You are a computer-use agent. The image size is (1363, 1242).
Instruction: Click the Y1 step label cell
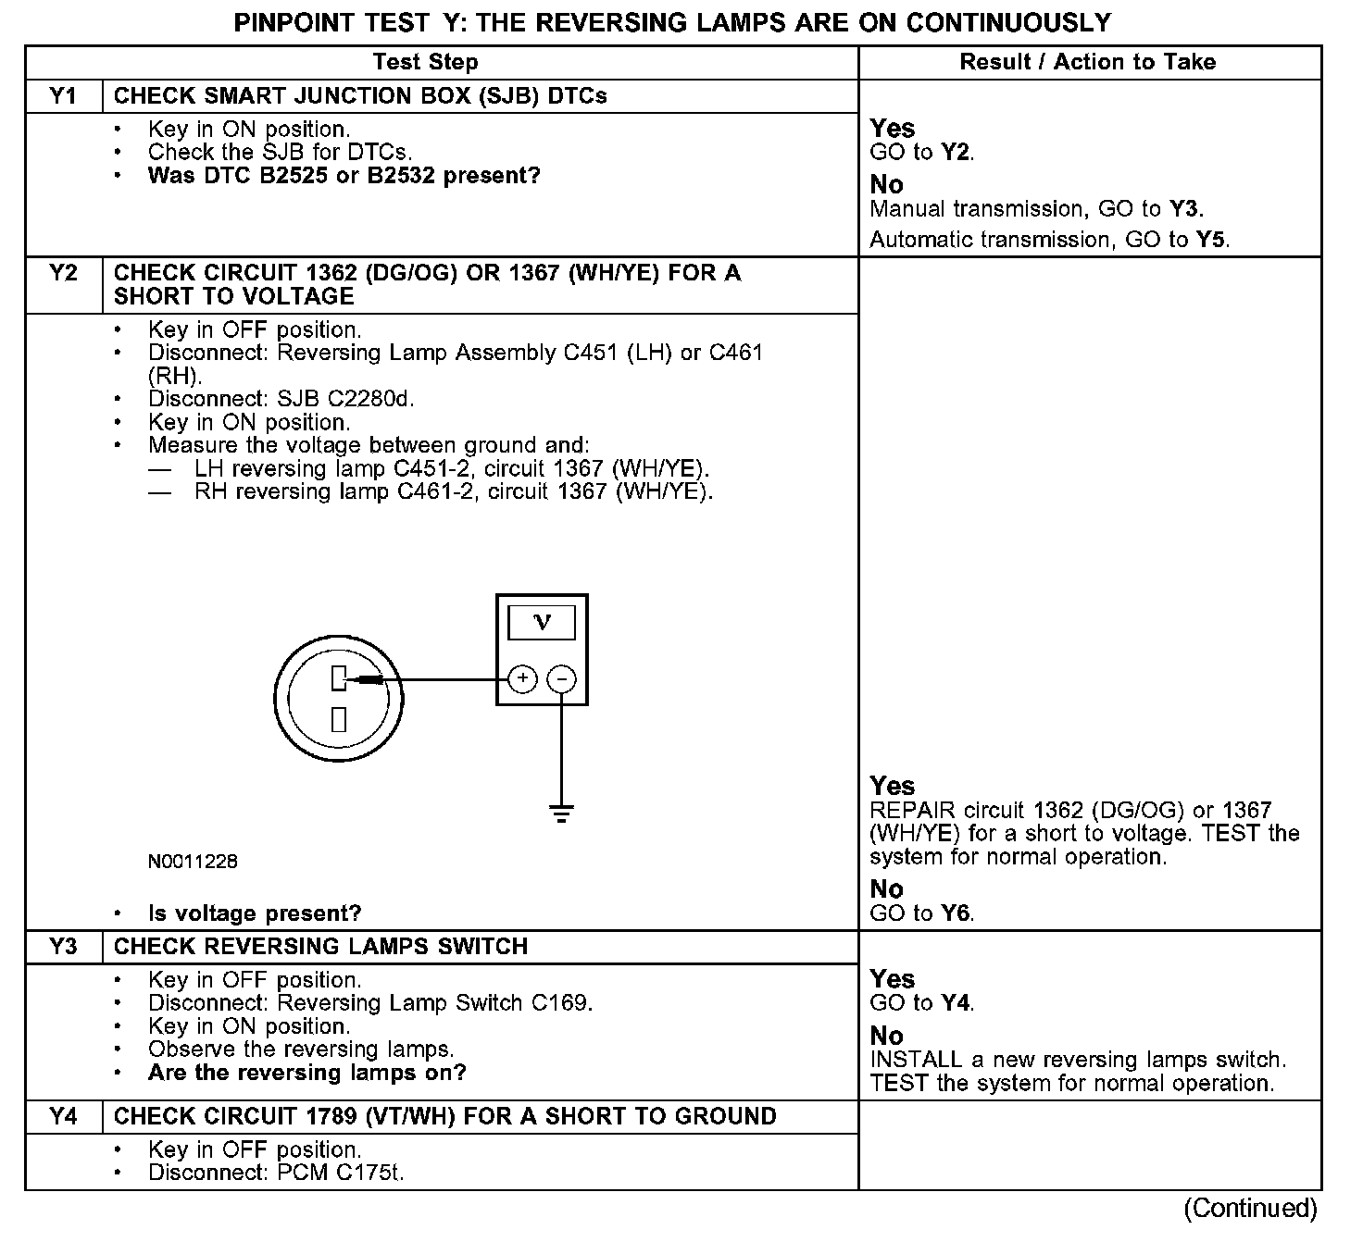(63, 96)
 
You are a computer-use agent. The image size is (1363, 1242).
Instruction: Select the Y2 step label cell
(63, 274)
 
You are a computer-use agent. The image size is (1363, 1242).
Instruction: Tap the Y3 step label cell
(63, 947)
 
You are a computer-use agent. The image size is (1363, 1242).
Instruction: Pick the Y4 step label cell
(63, 1116)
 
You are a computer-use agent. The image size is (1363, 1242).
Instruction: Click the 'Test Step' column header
(425, 62)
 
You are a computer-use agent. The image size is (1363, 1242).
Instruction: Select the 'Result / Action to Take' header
(1088, 62)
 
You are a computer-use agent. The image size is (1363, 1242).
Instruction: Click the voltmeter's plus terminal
(522, 679)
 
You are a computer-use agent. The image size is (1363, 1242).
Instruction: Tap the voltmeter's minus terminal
(561, 680)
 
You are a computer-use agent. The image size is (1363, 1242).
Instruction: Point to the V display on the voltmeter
(542, 622)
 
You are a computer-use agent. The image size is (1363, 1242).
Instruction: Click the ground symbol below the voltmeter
(561, 814)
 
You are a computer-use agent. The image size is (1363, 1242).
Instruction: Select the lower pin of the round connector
(339, 719)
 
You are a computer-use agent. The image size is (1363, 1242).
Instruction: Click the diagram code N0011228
(193, 862)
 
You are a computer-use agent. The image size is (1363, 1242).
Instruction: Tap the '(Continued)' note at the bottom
(1249, 1208)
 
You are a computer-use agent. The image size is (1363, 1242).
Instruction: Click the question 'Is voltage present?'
(255, 913)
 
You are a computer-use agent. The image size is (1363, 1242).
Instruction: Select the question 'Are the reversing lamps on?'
(306, 1073)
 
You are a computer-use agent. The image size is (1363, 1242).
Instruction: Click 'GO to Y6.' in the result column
(921, 913)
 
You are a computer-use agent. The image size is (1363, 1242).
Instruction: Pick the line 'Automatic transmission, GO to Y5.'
(1049, 240)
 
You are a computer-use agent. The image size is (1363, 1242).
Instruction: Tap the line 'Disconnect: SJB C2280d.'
(281, 399)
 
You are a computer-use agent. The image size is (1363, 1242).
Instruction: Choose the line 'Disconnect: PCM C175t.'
(276, 1173)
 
